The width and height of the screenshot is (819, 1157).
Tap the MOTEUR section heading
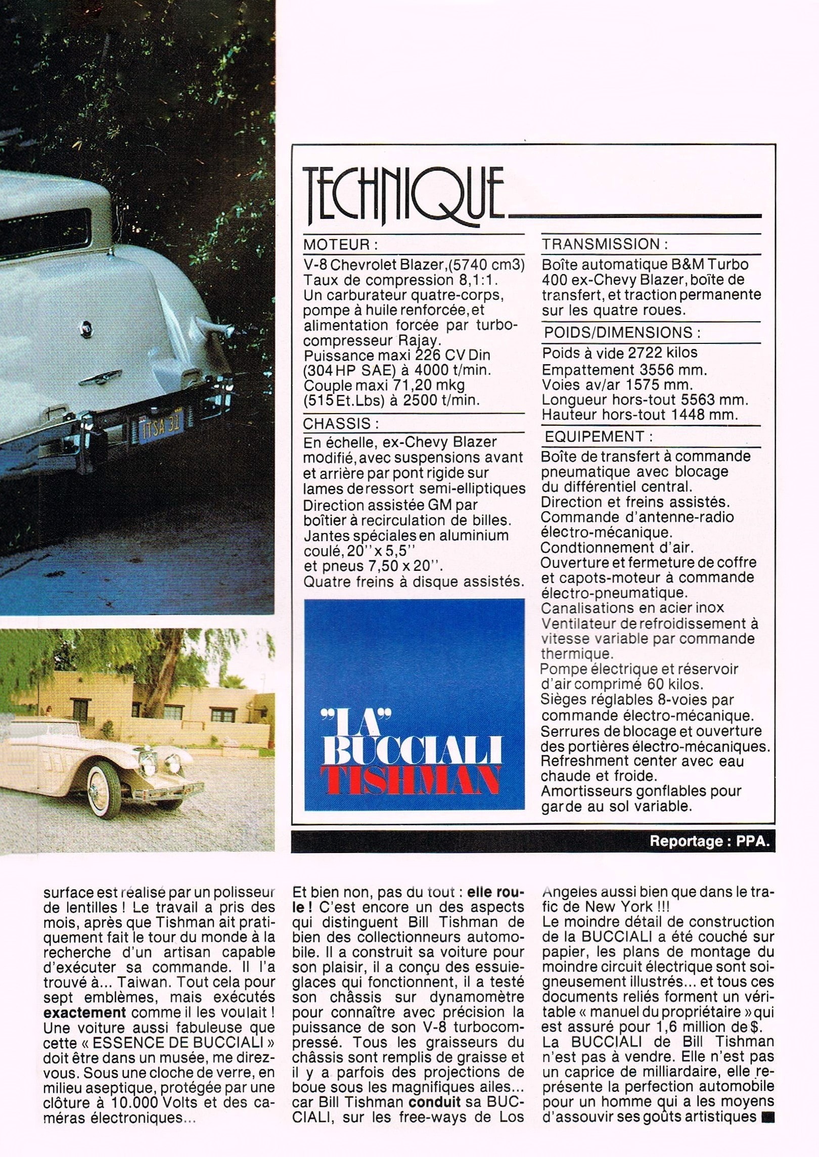340,245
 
